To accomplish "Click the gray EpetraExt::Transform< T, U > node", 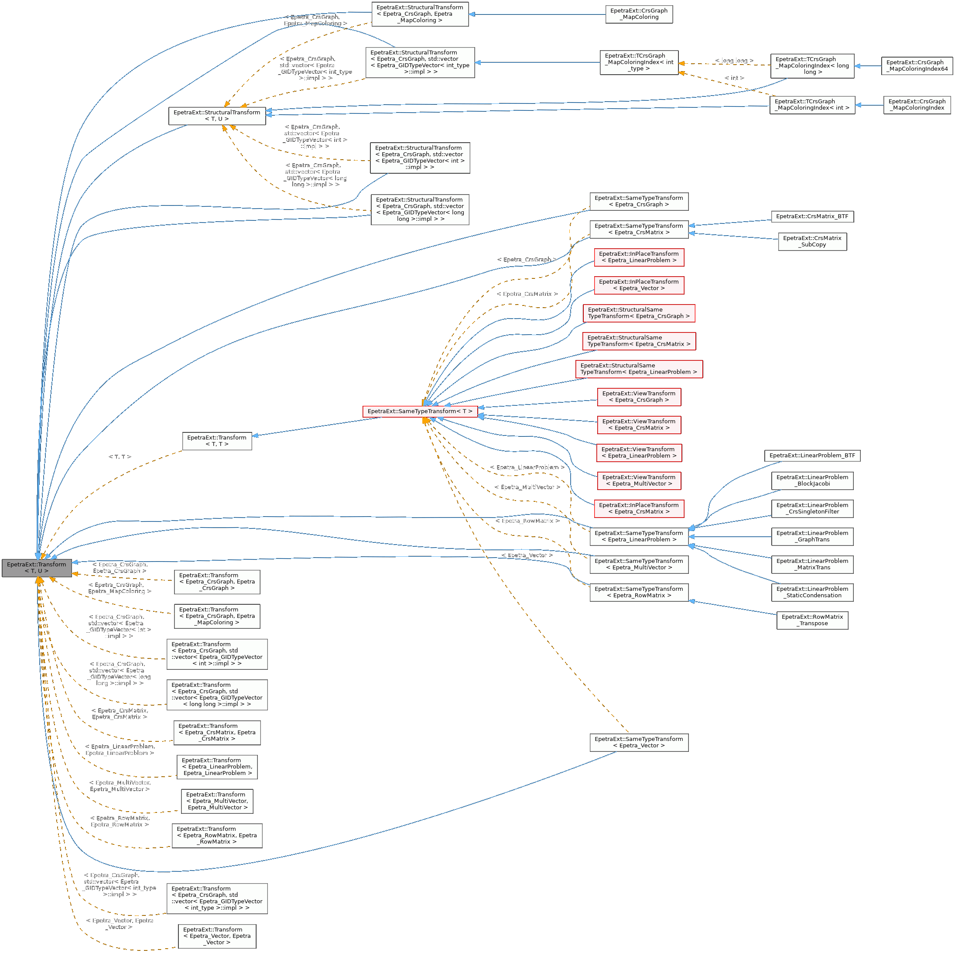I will (37, 567).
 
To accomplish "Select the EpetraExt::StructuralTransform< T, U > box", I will (217, 116).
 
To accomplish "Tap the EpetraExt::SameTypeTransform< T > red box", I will (420, 411).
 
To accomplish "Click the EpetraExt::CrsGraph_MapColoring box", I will (639, 14).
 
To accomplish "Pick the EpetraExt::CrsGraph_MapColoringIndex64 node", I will (917, 66).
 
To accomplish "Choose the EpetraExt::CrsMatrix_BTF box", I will (812, 216).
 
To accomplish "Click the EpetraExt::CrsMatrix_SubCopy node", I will (812, 241).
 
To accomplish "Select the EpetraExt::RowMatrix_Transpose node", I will (812, 620).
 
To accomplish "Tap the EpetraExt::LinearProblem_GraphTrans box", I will (812, 536).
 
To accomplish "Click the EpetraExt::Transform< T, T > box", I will (217, 441).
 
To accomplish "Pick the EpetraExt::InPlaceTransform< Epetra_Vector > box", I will (639, 285).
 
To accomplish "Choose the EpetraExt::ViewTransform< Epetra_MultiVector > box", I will (639, 480).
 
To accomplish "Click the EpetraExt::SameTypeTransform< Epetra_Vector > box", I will (639, 742).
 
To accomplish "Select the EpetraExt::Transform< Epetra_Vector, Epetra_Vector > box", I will (217, 936).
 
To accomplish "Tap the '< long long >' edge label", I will (734, 61).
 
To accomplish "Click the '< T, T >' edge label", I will (120, 457).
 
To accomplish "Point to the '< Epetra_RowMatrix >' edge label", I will (527, 521).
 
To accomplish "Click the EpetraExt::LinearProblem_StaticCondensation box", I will (812, 592).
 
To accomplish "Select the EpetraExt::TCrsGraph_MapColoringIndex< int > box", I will (812, 105).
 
